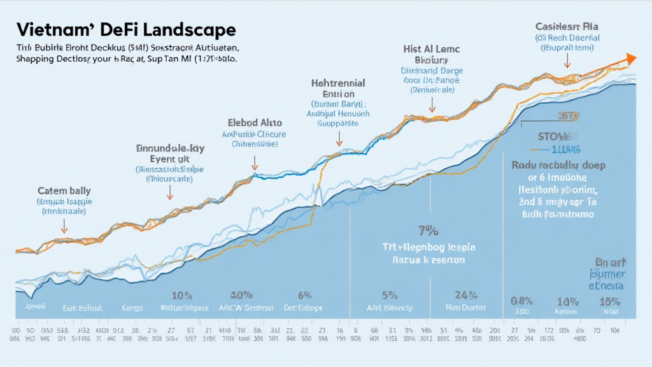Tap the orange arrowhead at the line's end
(x=630, y=59)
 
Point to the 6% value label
(x=304, y=295)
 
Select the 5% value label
(x=390, y=295)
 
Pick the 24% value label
(x=466, y=295)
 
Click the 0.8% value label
(x=522, y=301)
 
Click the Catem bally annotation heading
(x=64, y=191)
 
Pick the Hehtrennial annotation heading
(x=338, y=83)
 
